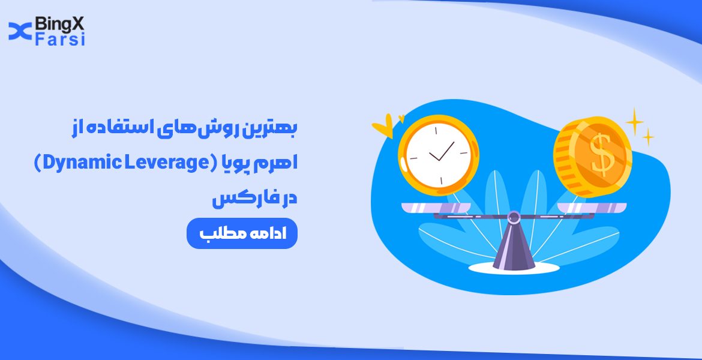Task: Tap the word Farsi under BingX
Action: [60, 40]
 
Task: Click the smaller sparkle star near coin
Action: [648, 138]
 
